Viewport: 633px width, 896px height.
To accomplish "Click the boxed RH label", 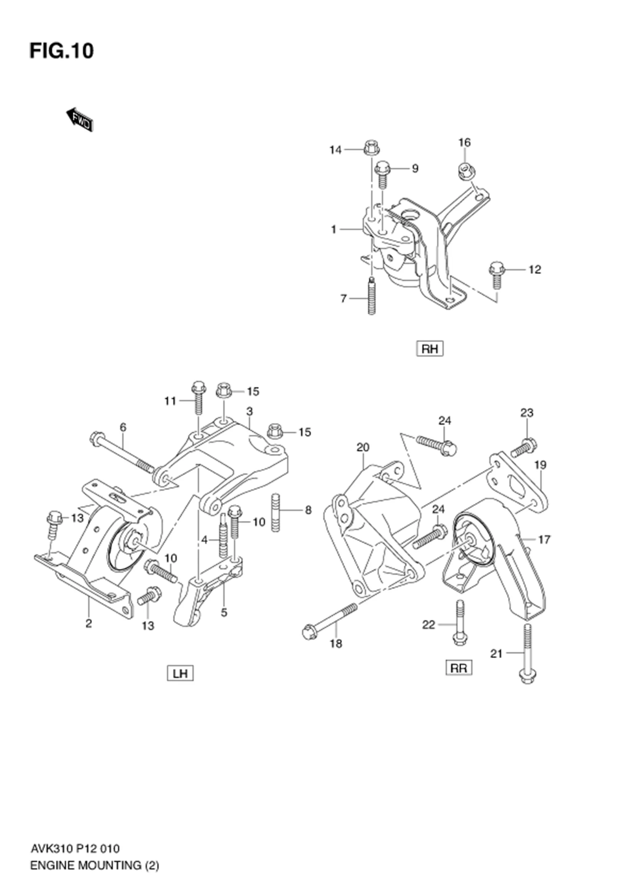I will tap(429, 349).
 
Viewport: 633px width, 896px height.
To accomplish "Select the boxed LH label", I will tap(180, 673).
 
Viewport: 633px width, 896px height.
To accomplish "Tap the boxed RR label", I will tap(459, 668).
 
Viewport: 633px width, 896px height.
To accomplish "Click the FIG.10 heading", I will tap(62, 51).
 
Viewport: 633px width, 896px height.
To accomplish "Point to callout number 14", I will tap(335, 150).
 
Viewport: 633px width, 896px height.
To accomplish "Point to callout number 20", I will tap(363, 447).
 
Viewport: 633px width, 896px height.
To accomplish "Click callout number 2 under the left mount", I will tap(88, 624).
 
